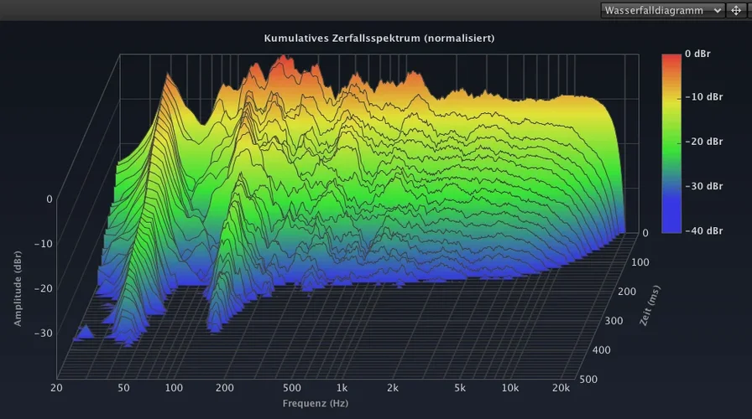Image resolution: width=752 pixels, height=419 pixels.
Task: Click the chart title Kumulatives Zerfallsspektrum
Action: (x=379, y=39)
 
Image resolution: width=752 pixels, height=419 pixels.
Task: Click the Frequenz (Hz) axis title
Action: (x=314, y=403)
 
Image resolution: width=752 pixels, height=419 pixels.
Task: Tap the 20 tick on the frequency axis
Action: (x=56, y=388)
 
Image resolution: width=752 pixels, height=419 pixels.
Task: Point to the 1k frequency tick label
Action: (x=342, y=388)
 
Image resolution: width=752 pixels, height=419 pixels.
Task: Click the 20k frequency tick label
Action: (x=560, y=388)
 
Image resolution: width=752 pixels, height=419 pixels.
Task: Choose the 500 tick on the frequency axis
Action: (x=291, y=388)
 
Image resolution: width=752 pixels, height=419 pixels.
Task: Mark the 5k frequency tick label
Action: (x=460, y=388)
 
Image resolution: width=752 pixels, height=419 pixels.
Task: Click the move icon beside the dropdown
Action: (x=736, y=10)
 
